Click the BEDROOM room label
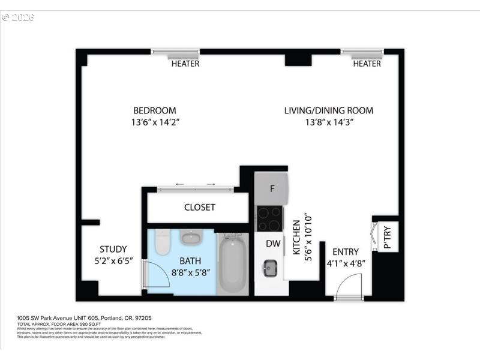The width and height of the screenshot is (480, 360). point(155,110)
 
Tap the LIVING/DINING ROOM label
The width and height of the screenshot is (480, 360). point(328,110)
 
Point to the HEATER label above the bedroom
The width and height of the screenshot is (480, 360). point(185,64)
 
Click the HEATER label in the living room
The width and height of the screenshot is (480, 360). point(367,64)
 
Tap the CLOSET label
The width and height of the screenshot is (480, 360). point(199,207)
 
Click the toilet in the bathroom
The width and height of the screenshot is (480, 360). point(163,242)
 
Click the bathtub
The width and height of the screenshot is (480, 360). point(232,264)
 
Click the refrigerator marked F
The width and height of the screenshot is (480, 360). point(272,188)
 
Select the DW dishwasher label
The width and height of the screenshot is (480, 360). point(273,244)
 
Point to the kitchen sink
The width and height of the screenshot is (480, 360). point(270,268)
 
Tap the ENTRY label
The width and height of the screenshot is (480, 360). point(345,252)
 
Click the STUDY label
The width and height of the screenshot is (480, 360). point(113,250)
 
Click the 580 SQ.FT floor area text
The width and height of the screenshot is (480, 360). point(66,325)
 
